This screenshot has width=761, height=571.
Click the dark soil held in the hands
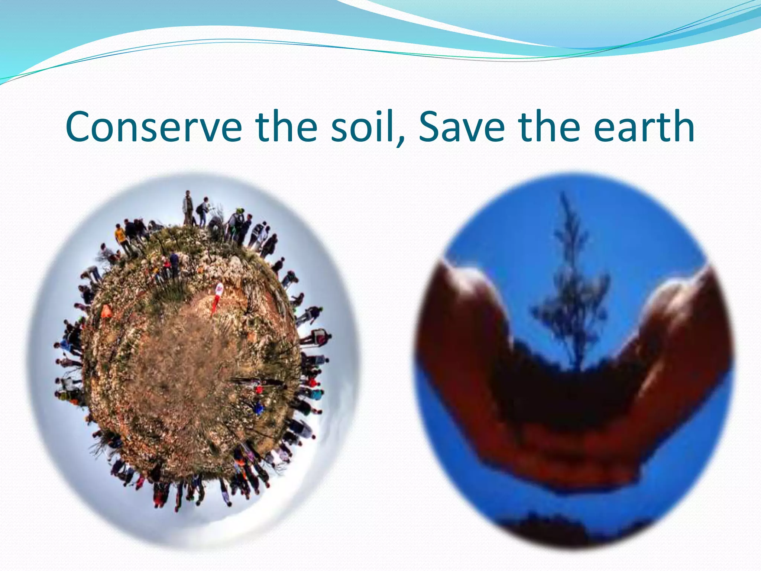(x=569, y=390)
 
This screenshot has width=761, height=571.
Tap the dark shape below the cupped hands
(x=557, y=528)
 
